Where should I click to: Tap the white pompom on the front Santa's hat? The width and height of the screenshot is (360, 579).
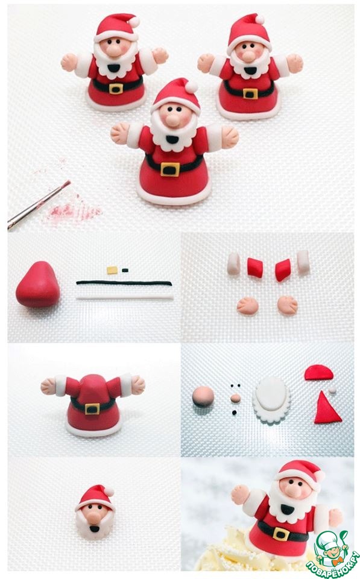coord(191,87)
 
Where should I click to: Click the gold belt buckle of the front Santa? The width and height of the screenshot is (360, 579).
coord(170,169)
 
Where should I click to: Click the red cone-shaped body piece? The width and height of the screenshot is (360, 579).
coord(37,285)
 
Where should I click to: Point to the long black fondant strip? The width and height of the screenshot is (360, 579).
coord(124,283)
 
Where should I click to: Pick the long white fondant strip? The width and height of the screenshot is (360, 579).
coord(125,297)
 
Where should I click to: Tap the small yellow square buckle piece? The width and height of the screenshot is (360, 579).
coord(112,270)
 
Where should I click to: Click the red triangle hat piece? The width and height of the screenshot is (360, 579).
coord(327,409)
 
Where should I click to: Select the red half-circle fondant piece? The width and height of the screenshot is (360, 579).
coord(318,372)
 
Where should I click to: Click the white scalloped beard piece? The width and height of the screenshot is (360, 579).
coord(272,400)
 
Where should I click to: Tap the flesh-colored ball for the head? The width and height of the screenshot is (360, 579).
coord(203,397)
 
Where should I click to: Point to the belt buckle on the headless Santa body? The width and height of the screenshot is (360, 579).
coord(92,409)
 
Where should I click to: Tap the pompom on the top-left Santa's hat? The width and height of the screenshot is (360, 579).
coord(134,22)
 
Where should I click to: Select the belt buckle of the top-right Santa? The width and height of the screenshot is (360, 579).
coord(250,93)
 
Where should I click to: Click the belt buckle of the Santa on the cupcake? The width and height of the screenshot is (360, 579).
coord(282,534)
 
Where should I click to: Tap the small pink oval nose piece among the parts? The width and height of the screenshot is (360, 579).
coord(235,398)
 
